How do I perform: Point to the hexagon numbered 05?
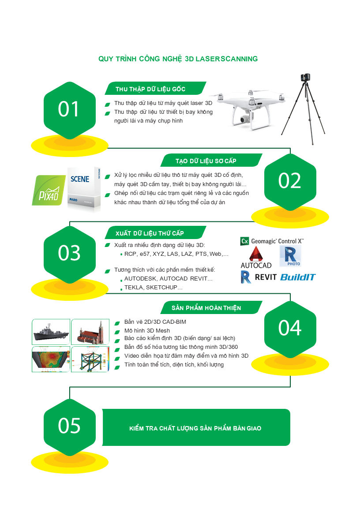tap(70, 427)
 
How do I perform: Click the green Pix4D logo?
tap(49, 191)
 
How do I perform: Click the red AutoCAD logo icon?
tap(256, 254)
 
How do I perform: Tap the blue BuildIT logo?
tap(298, 277)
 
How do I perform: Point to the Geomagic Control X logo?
tap(272, 241)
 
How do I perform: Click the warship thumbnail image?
tap(51, 332)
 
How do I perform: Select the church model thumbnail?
tap(90, 332)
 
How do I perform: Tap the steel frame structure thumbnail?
tap(90, 359)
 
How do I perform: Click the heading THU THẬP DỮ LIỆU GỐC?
tap(150, 89)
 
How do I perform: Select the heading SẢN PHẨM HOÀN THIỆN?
tap(206, 308)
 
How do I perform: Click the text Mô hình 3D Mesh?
tap(147, 330)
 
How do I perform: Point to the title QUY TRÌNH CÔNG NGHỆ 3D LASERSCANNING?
tap(178, 59)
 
